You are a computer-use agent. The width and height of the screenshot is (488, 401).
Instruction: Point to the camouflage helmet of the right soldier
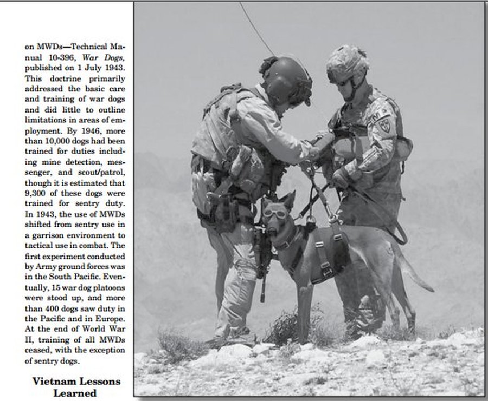click(x=348, y=63)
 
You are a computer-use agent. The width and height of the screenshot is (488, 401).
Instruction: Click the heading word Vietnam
click(x=53, y=381)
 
